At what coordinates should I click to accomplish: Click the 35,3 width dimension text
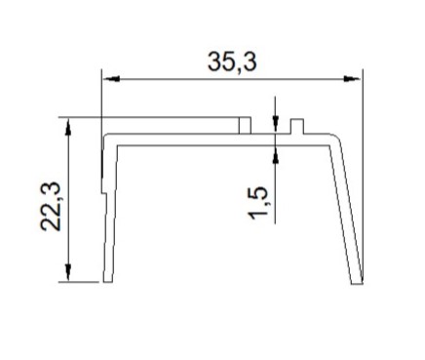(x=232, y=61)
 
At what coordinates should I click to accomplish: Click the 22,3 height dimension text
(x=51, y=206)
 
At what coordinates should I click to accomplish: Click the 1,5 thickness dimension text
(x=257, y=203)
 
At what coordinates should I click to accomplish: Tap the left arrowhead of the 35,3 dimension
(x=111, y=79)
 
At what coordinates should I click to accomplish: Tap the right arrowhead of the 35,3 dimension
(x=352, y=79)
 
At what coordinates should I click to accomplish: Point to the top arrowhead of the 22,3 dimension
(x=68, y=127)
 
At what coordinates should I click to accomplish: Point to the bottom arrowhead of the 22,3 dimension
(x=68, y=272)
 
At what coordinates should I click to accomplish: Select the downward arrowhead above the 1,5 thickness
(x=276, y=123)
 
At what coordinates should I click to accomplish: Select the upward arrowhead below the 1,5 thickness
(x=276, y=154)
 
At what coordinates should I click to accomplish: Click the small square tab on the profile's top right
(x=297, y=126)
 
